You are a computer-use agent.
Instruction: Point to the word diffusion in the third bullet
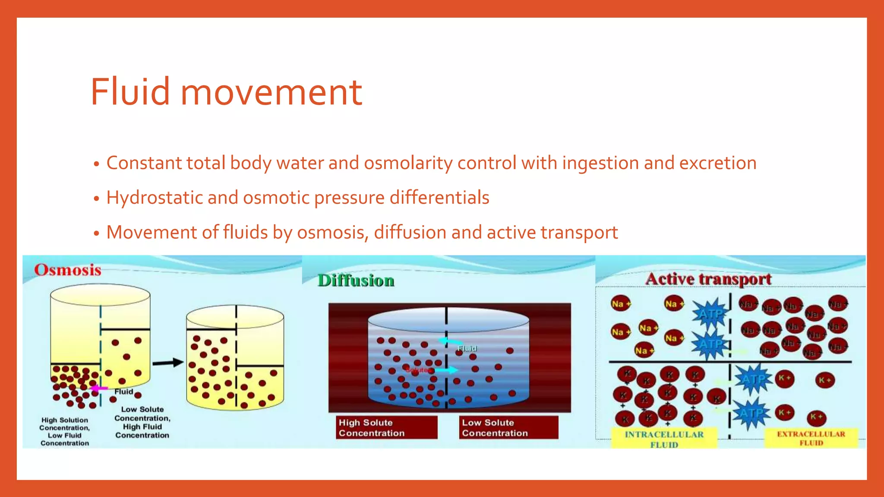coord(410,233)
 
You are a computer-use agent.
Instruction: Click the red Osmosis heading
coord(68,270)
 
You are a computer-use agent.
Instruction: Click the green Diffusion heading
coord(356,280)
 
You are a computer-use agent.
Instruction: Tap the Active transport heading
coord(708,279)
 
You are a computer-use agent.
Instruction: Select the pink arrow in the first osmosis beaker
coord(99,389)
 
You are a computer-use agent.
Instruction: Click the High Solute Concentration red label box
coord(386,428)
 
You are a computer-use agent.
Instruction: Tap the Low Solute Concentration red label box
coord(508,428)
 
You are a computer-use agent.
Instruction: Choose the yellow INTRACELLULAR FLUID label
coord(664,439)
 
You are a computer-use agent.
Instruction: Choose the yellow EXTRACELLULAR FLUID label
coord(811,438)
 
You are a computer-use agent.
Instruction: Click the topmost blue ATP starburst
coord(710,314)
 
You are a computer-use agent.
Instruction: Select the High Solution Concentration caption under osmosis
coord(65,431)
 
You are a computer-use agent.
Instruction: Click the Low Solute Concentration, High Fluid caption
coord(142,422)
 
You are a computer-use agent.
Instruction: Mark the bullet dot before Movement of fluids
coord(97,233)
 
